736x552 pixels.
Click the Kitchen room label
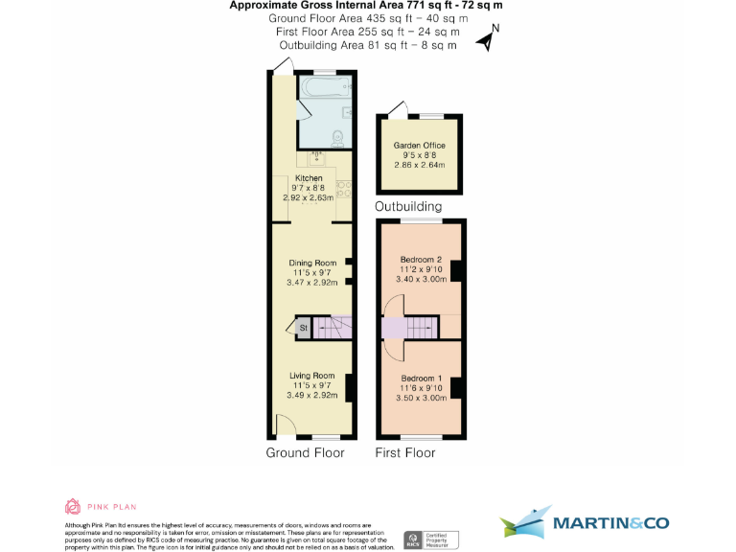tap(309, 179)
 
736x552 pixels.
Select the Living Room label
tap(312, 375)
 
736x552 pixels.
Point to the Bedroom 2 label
tap(421, 260)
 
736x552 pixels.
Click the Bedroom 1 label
tap(421, 378)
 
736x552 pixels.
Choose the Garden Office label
tap(420, 146)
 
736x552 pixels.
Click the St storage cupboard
tap(303, 328)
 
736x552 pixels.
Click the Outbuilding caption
tap(408, 206)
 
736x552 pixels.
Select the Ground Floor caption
tap(305, 452)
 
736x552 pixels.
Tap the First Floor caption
tap(407, 452)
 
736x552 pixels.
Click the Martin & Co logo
tap(585, 523)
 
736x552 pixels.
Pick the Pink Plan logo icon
tap(73, 506)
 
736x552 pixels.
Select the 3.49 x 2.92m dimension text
tap(312, 395)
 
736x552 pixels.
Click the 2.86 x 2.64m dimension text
tap(420, 165)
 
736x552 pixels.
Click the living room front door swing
tap(283, 423)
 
